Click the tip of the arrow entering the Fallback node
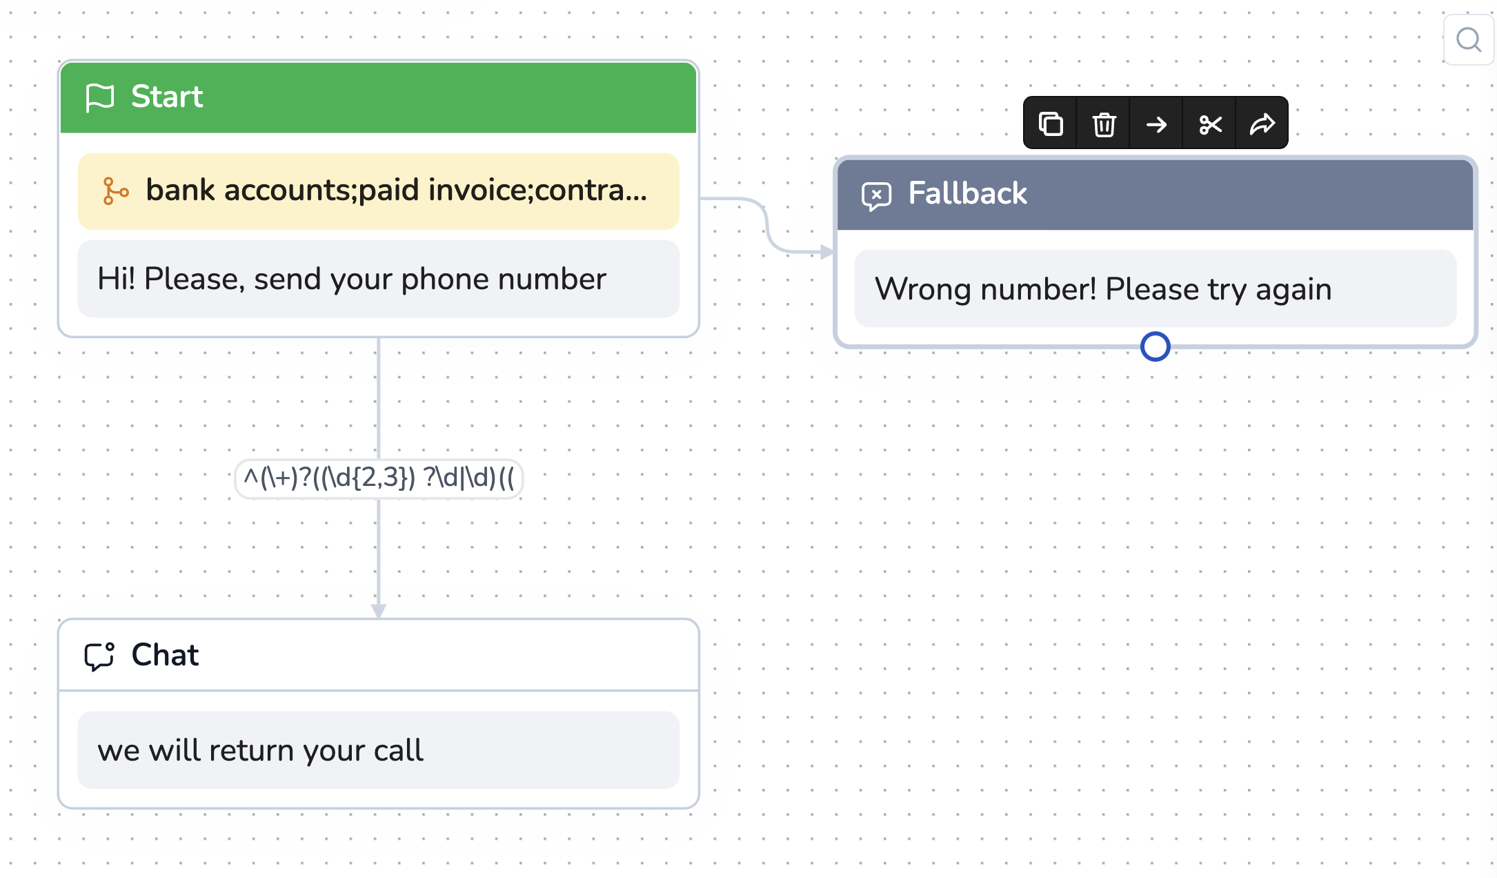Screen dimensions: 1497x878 click(x=834, y=253)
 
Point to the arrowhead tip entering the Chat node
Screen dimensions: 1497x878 click(x=379, y=618)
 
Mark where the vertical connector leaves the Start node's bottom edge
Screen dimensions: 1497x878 click(x=379, y=338)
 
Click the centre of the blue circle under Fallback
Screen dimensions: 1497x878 click(x=1156, y=347)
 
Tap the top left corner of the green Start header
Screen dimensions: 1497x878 click(x=61, y=64)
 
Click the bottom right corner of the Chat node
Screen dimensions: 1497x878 click(x=699, y=808)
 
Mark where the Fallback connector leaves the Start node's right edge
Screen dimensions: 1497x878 click(x=700, y=199)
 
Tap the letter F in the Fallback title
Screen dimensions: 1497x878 click(x=916, y=193)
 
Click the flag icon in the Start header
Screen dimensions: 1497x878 click(x=99, y=97)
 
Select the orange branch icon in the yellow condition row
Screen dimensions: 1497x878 click(x=115, y=191)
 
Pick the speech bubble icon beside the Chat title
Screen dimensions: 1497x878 click(x=99, y=656)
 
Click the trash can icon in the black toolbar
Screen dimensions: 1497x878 click(x=1104, y=124)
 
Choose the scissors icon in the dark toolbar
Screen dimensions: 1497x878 click(x=1210, y=124)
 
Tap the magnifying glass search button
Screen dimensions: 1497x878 click(x=1469, y=40)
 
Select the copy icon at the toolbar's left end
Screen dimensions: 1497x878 click(x=1051, y=124)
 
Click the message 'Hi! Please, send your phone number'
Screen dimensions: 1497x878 click(x=352, y=280)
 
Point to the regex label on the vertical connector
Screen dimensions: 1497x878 click(x=379, y=478)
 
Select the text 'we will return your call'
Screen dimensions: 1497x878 click(x=260, y=750)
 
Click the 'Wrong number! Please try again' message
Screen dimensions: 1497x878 click(x=1103, y=289)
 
